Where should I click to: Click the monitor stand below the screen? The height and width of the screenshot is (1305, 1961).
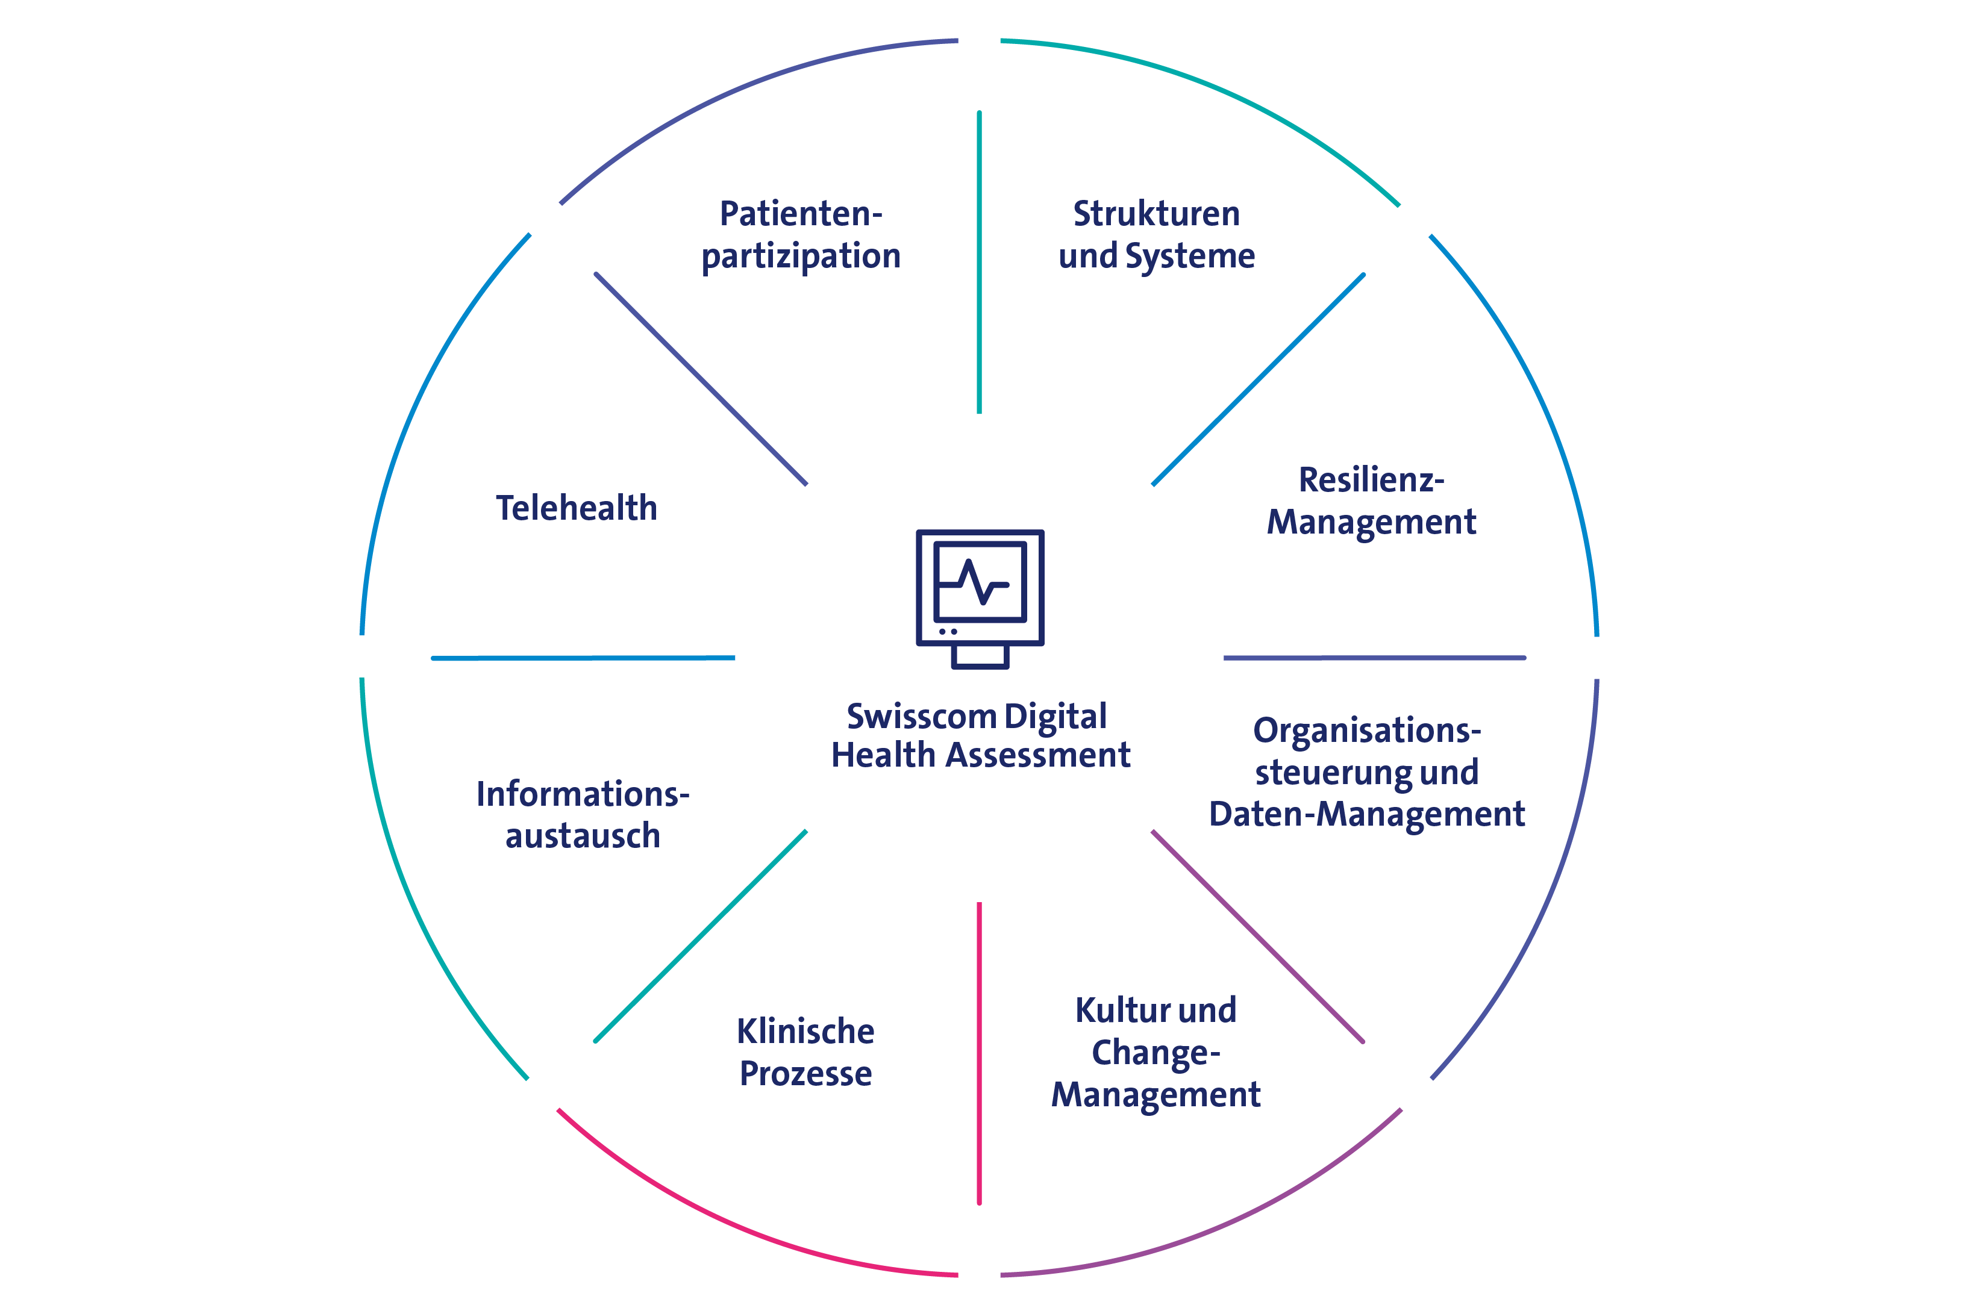(x=980, y=656)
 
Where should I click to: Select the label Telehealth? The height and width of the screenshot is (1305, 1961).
(x=576, y=508)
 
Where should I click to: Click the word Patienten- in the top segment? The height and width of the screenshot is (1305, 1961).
(x=801, y=214)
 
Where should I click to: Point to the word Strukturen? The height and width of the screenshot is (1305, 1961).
(x=1156, y=214)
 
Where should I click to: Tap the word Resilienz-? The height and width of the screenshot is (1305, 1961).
(x=1371, y=480)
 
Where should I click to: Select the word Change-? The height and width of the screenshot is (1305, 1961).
(x=1156, y=1053)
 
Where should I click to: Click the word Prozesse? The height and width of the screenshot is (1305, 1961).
(x=805, y=1074)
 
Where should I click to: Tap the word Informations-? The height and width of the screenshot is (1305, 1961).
(x=583, y=794)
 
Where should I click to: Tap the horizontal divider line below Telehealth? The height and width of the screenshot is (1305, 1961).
(x=583, y=658)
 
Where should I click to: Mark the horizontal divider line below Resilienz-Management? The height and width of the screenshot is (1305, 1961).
(x=1374, y=658)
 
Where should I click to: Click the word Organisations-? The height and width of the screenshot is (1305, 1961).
(x=1367, y=730)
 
